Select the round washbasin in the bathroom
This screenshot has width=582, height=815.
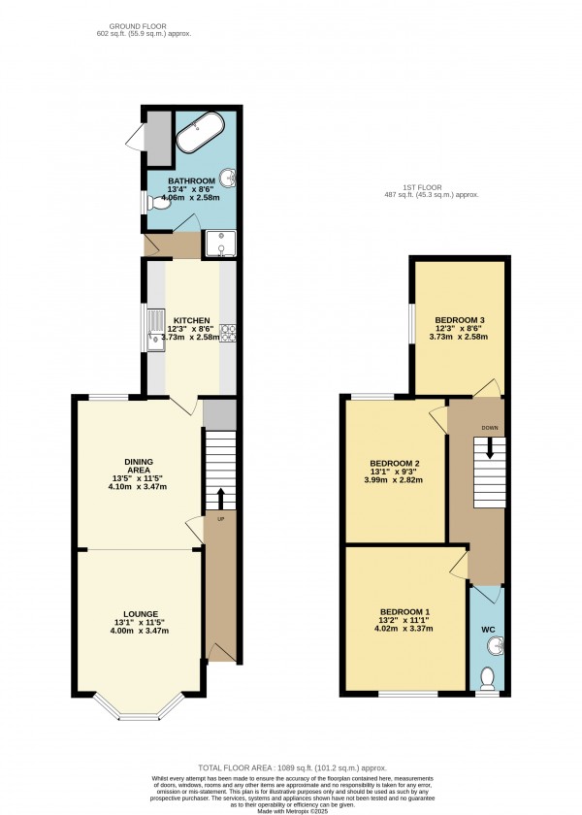(229, 178)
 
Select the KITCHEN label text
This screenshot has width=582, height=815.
(191, 320)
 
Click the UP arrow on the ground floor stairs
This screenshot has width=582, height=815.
(220, 498)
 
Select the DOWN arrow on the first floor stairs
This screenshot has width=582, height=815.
(490, 447)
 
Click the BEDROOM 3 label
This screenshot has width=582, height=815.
(458, 320)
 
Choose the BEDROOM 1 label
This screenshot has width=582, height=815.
(401, 611)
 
